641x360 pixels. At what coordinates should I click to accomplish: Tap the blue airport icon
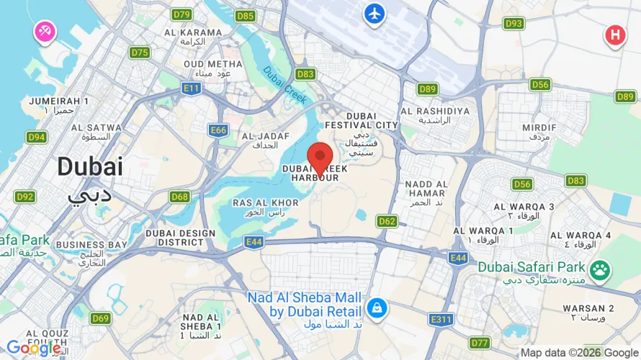pyautogui.click(x=375, y=13)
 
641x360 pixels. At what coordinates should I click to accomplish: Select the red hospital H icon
pyautogui.click(x=614, y=34)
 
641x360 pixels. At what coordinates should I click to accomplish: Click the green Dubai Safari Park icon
pyautogui.click(x=599, y=271)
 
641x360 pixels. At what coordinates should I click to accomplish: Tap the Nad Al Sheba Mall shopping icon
pyautogui.click(x=375, y=309)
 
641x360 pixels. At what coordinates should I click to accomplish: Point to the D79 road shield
pyautogui.click(x=182, y=14)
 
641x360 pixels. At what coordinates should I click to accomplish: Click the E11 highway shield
pyautogui.click(x=191, y=88)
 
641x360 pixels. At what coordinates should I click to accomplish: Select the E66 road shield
pyautogui.click(x=218, y=130)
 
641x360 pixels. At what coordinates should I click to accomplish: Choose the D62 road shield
pyautogui.click(x=387, y=221)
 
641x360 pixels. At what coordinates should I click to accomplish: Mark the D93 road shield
pyautogui.click(x=514, y=24)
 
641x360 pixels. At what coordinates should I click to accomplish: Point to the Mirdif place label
pyautogui.click(x=539, y=130)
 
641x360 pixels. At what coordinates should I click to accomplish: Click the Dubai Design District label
pyautogui.click(x=180, y=237)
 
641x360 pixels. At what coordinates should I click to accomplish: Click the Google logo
pyautogui.click(x=33, y=348)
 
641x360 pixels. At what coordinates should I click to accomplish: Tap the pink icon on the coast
pyautogui.click(x=44, y=31)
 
